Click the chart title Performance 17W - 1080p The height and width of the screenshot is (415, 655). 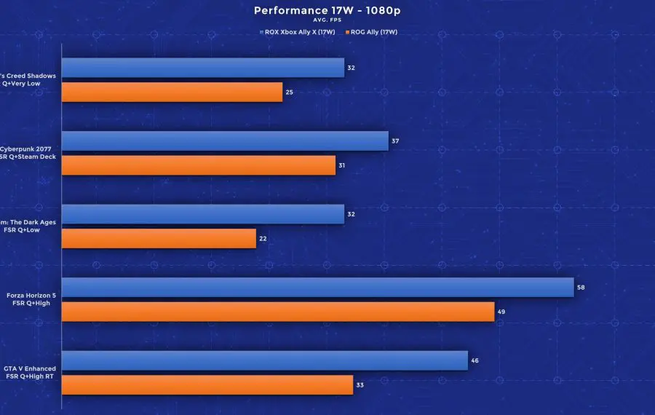point(327,10)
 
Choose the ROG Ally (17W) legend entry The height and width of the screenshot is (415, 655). point(373,32)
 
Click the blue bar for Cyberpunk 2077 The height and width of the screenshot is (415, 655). point(225,141)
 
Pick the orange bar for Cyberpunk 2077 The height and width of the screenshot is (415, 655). point(199,165)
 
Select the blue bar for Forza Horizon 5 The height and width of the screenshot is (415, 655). point(317,288)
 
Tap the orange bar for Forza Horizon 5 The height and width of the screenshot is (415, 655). point(278,312)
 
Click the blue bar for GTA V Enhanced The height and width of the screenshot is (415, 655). point(265,360)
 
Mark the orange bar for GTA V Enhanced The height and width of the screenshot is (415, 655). point(207,385)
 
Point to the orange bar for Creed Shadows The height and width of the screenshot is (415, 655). point(172,92)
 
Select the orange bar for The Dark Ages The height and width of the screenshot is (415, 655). point(159,239)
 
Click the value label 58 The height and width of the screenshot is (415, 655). point(581,288)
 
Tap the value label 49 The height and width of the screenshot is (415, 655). point(501,312)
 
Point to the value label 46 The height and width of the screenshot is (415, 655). point(475,360)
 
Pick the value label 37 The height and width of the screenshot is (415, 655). point(395,141)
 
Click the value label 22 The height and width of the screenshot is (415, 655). point(263,239)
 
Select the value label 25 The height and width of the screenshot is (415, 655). point(289,92)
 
